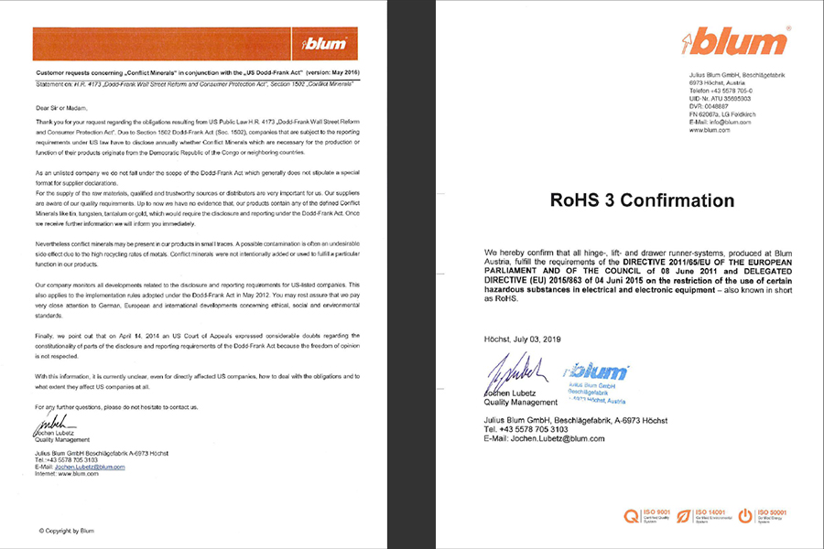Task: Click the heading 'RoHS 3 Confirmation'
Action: pyautogui.click(x=641, y=200)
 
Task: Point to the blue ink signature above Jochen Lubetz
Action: pyautogui.click(x=515, y=370)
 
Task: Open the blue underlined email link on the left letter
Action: pyautogui.click(x=90, y=467)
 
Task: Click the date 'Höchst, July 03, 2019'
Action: pyautogui.click(x=527, y=339)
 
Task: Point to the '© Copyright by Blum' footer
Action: pyautogui.click(x=66, y=531)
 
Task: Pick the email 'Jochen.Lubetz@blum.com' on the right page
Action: pyautogui.click(x=544, y=438)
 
